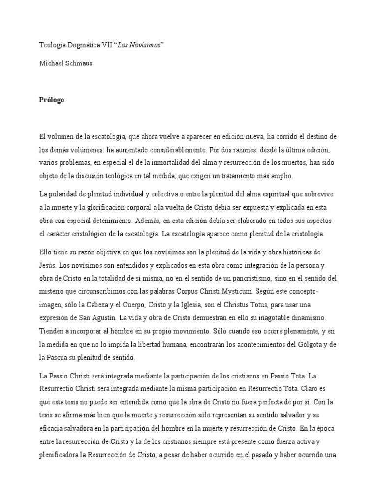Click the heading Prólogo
(51, 100)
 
